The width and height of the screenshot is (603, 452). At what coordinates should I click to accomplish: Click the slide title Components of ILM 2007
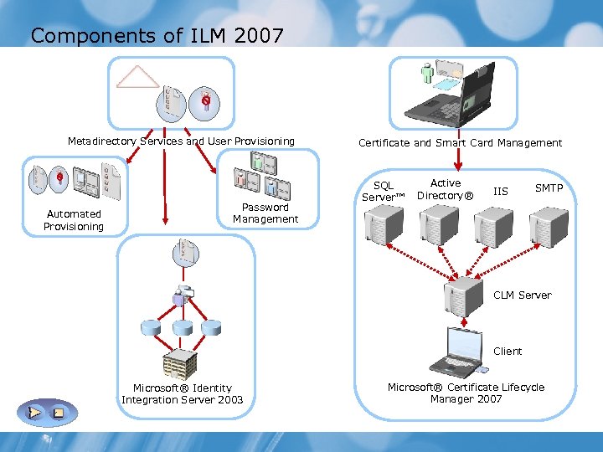157,35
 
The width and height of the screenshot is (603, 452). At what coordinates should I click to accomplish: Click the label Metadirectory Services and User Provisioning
181,141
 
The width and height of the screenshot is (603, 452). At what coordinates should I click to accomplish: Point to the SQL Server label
383,191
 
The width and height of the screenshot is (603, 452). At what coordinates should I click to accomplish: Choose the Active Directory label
445,189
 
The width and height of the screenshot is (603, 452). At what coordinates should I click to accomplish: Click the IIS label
500,192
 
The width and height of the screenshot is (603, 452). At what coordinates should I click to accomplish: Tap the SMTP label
549,188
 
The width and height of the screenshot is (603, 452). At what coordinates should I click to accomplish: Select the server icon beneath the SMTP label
549,224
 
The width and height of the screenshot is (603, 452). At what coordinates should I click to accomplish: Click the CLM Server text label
522,295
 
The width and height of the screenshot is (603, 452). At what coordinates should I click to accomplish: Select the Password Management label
265,213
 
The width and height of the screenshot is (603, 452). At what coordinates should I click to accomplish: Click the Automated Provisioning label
74,220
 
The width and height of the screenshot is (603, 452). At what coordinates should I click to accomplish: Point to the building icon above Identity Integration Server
178,362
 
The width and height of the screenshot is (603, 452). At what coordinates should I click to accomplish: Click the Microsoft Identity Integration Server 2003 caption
182,394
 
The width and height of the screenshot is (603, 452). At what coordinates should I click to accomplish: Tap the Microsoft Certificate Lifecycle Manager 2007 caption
466,393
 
